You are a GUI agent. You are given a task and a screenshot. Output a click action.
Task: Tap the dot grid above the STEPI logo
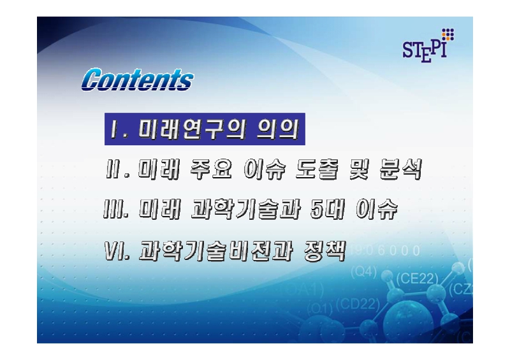(x=448, y=33)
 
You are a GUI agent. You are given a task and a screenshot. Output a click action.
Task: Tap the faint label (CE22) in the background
(x=418, y=278)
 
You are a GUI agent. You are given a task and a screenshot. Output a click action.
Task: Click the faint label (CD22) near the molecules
(x=356, y=303)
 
